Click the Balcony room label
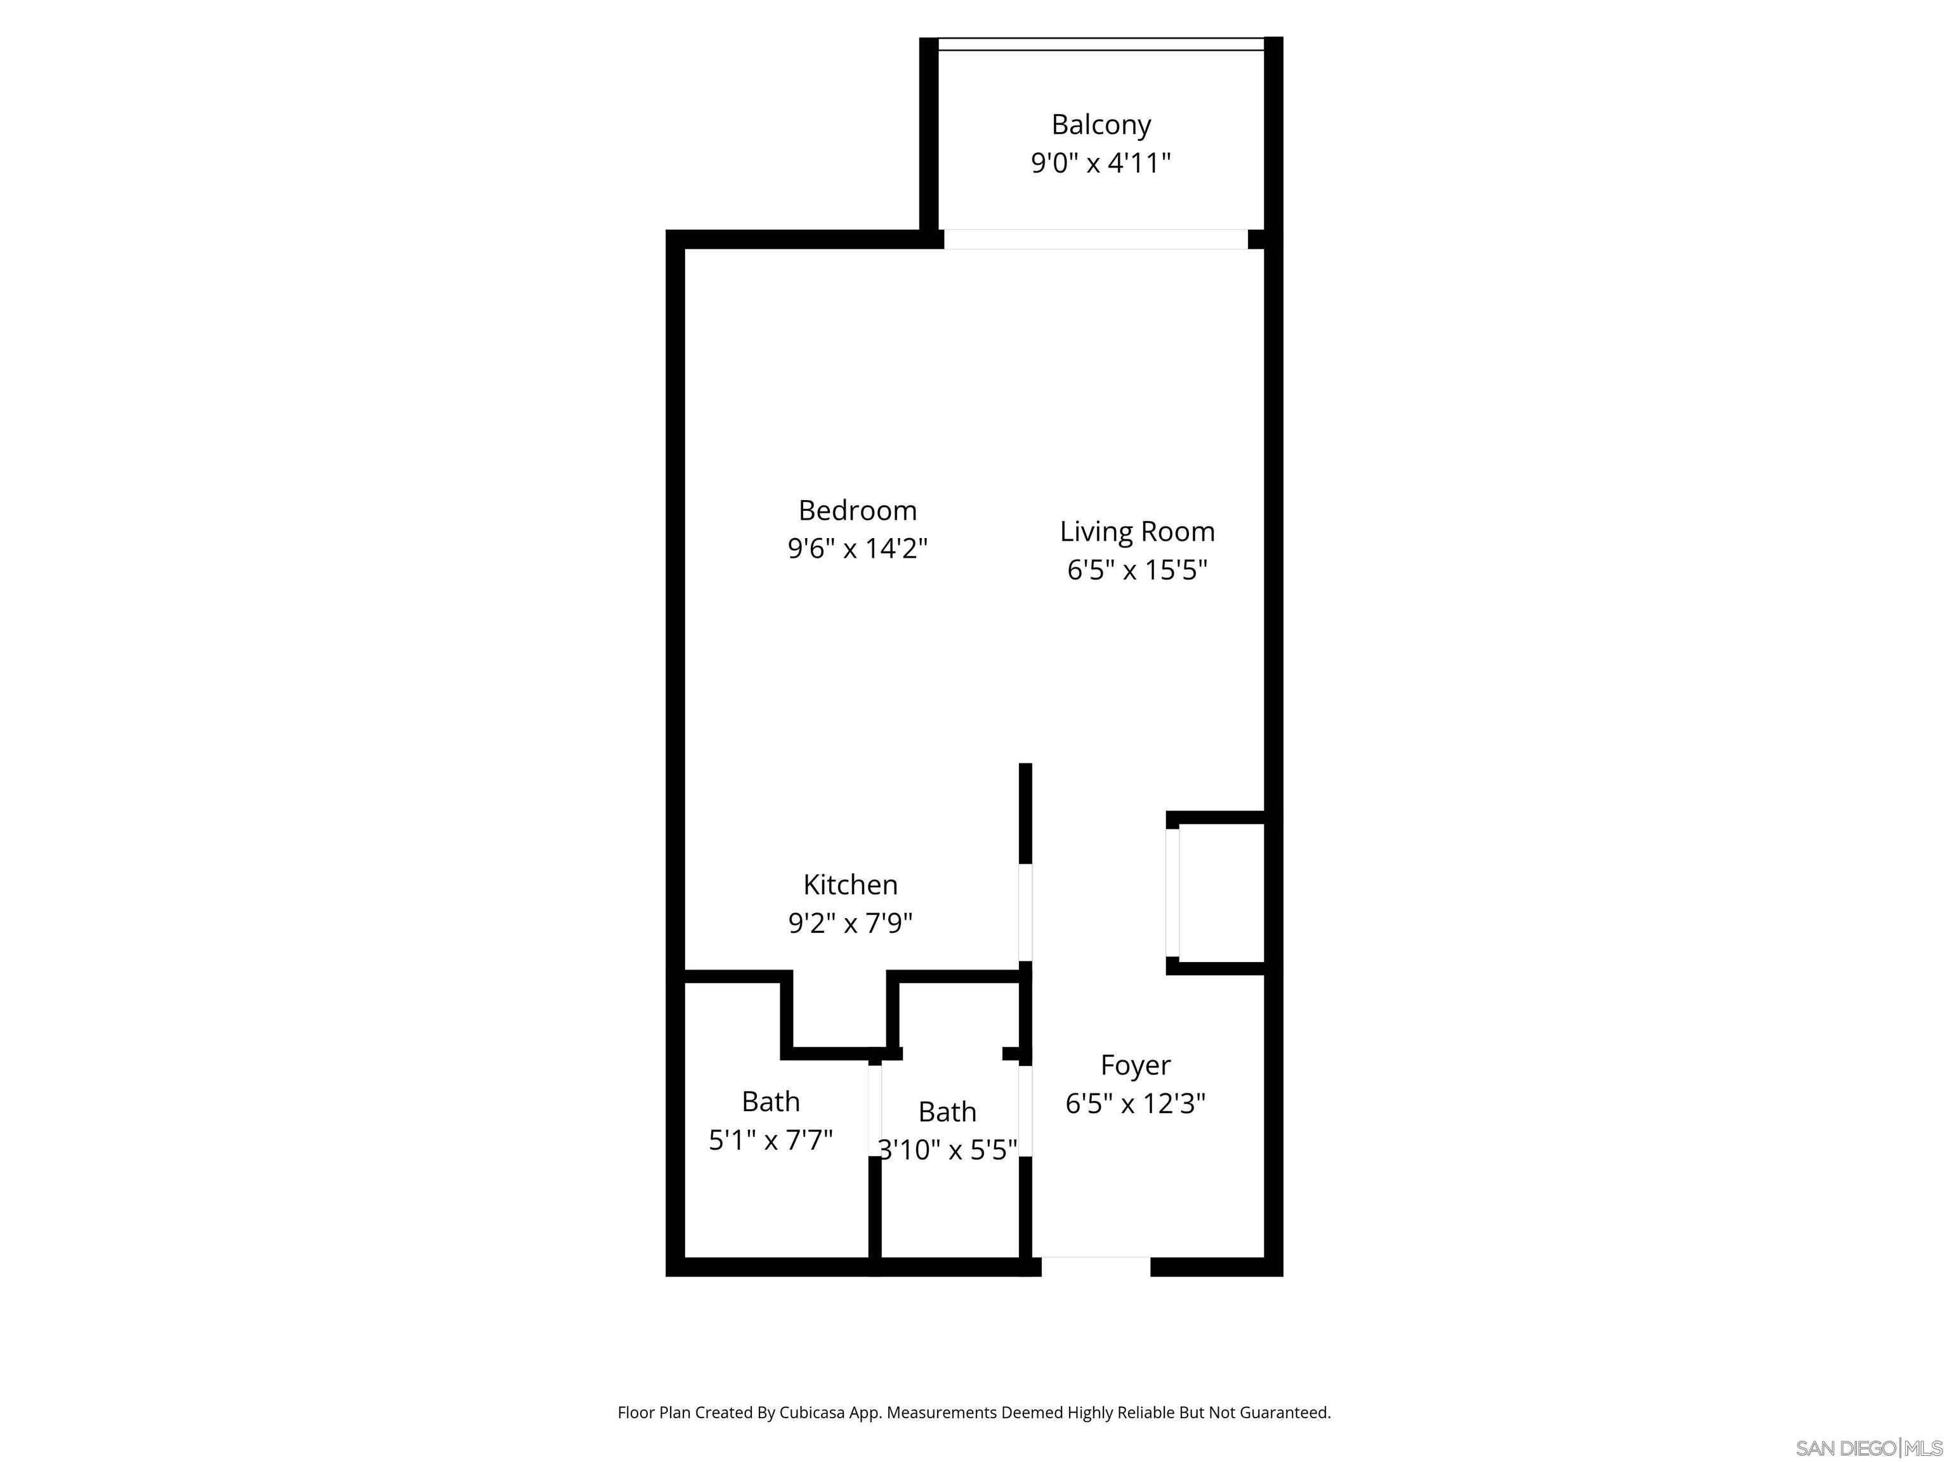(x=1101, y=125)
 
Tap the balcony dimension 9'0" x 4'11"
(x=1101, y=164)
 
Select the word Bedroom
(x=857, y=510)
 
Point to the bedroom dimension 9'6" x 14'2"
(x=857, y=549)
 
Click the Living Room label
(x=1137, y=531)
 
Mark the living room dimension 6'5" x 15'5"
(x=1137, y=570)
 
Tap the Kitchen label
(x=850, y=885)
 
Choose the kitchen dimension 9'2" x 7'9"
(x=850, y=923)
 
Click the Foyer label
(x=1135, y=1065)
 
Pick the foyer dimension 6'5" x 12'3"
(x=1135, y=1104)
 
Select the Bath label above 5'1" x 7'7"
(x=770, y=1102)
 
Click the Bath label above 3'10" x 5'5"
(x=947, y=1112)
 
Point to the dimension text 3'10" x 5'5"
(x=947, y=1150)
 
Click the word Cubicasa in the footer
(x=811, y=1413)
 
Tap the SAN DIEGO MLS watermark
(x=1868, y=1449)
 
